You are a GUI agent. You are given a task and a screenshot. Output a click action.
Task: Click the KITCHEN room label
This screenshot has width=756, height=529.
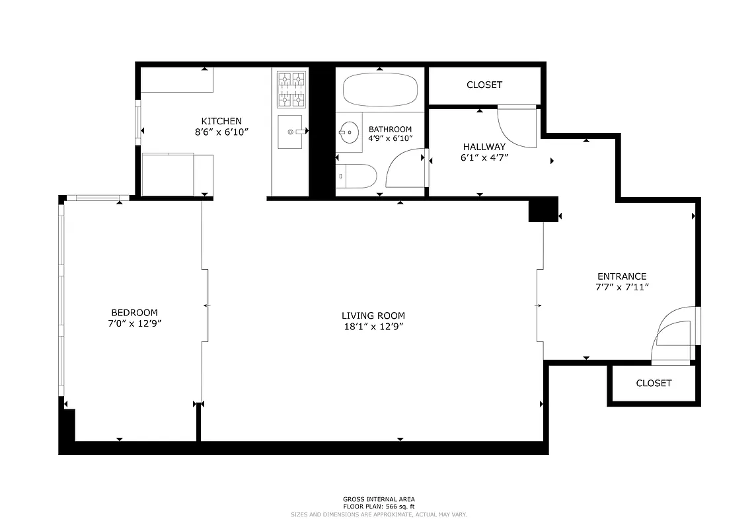click(221, 121)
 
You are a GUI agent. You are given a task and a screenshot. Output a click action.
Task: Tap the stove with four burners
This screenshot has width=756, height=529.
click(291, 89)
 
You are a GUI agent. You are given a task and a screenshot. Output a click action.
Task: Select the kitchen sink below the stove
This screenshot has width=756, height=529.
click(289, 132)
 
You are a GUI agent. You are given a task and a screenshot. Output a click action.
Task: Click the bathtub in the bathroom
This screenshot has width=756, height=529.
click(380, 90)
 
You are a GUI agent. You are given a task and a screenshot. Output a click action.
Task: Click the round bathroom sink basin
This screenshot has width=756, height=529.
click(347, 132)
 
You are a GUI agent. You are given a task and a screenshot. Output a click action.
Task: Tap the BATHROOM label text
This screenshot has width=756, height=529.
click(390, 129)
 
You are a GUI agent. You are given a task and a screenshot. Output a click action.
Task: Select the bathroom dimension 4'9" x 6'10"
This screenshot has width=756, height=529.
click(390, 138)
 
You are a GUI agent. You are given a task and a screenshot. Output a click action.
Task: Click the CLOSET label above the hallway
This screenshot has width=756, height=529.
click(484, 85)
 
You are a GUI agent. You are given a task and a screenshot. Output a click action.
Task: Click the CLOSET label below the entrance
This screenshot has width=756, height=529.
click(654, 383)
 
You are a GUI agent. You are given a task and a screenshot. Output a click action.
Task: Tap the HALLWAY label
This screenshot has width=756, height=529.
click(484, 147)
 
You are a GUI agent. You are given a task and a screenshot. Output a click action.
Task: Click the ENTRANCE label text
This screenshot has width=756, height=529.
click(621, 276)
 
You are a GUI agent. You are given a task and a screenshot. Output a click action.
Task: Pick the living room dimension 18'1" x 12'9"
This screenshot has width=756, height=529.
click(373, 326)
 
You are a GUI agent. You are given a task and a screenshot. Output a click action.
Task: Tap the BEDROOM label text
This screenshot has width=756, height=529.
click(134, 313)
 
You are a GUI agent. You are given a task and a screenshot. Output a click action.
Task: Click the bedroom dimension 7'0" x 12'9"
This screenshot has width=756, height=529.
click(134, 323)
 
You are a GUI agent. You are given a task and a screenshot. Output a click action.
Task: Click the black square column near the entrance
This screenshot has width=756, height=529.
click(543, 210)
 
